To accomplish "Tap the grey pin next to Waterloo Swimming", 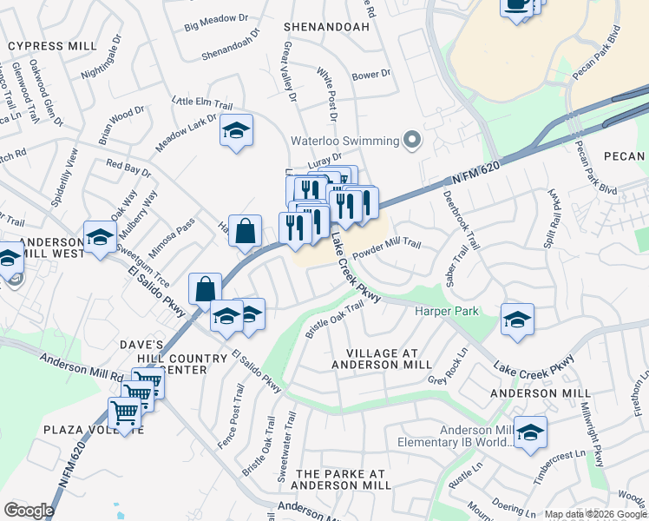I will coord(413,141).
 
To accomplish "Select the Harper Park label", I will coord(447,310).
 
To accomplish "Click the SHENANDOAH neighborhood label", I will coord(326,27).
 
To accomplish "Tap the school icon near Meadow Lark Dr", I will coord(235,131).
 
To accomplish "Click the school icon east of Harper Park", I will coord(517,320).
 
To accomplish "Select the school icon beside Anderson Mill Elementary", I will coord(529,432).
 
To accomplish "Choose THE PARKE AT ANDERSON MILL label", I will coord(341,479).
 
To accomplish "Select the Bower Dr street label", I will coord(372,76).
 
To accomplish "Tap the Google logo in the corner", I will coord(29,510).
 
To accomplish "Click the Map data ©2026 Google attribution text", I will coord(595,514).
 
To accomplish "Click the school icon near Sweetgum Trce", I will coord(100,237).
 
